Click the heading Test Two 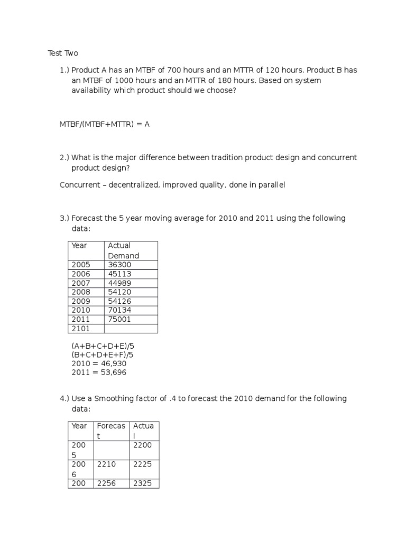click(x=63, y=53)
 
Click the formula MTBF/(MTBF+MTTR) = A click(x=105, y=124)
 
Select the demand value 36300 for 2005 click(x=119, y=265)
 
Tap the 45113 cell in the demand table click(x=119, y=274)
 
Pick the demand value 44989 click(x=119, y=283)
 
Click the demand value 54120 click(x=119, y=292)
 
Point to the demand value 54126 click(x=119, y=301)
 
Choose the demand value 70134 click(x=119, y=310)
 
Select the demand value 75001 click(x=119, y=319)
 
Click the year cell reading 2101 click(x=81, y=329)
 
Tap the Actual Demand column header click(x=123, y=250)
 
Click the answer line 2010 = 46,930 click(x=99, y=363)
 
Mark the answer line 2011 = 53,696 click(x=99, y=372)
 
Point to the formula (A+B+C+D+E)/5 click(x=103, y=346)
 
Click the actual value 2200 click(x=142, y=445)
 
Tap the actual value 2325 click(x=142, y=483)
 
